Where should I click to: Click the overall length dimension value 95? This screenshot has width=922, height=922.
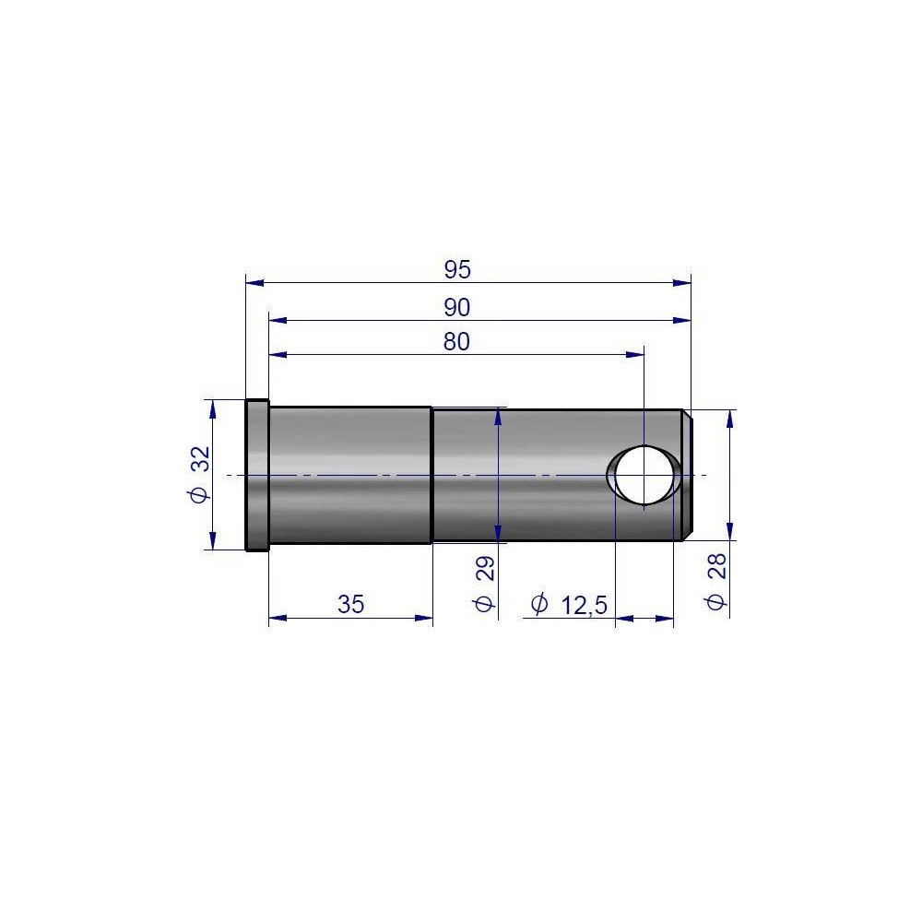457,269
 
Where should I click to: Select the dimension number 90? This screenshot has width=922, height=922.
457,308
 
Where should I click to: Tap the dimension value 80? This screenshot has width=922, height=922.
457,342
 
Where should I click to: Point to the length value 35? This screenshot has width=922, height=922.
351,604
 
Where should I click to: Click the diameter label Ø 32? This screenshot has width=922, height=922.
200,474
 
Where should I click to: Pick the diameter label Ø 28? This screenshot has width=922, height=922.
716,582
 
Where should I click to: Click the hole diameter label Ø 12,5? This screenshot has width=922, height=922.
569,605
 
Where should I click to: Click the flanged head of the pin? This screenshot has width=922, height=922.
257,475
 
